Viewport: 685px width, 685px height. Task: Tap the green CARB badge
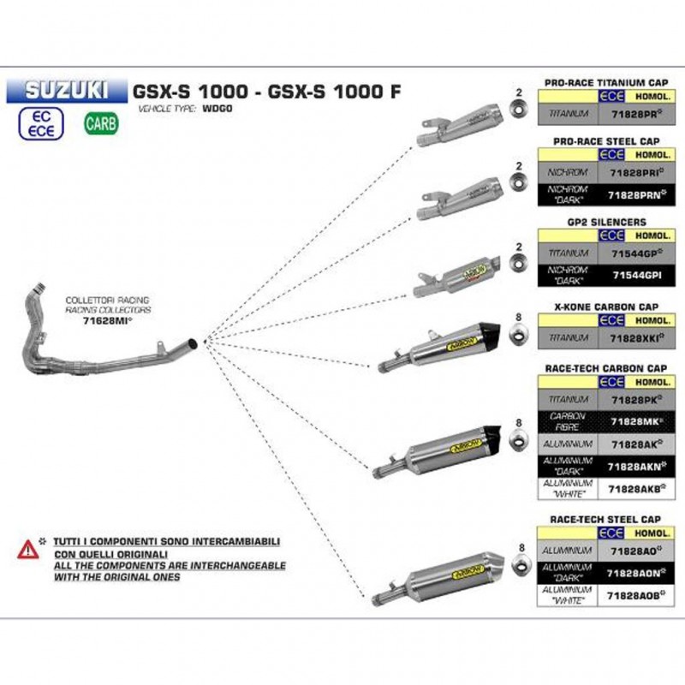[x=101, y=124]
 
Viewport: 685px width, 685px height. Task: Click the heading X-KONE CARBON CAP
[x=605, y=305]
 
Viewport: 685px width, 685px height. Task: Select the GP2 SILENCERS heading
[x=605, y=222]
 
